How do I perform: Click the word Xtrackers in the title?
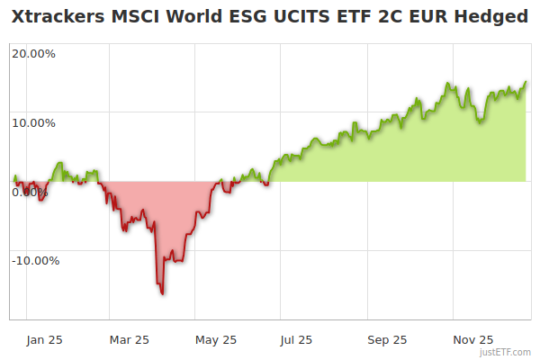click(x=56, y=17)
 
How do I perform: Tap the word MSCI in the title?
click(x=131, y=17)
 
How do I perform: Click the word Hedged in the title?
click(x=492, y=17)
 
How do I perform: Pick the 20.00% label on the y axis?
click(x=33, y=53)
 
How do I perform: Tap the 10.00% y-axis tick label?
click(x=33, y=122)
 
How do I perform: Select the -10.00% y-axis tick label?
click(x=35, y=261)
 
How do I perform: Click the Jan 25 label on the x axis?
click(x=44, y=340)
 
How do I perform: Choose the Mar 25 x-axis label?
click(x=129, y=340)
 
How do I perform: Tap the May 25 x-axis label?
click(x=215, y=340)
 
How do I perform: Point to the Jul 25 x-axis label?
click(x=298, y=340)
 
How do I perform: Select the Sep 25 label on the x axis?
click(x=387, y=340)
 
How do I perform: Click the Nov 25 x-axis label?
click(x=472, y=340)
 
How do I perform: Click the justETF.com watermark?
click(x=505, y=352)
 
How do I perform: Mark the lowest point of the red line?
click(x=163, y=293)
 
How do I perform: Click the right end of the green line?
click(x=526, y=82)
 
